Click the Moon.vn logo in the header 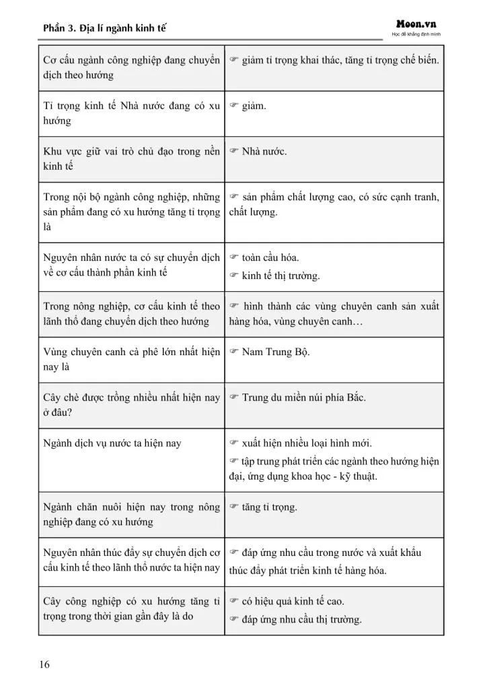click(416, 23)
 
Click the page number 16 click(44, 665)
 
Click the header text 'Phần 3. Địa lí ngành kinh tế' click(104, 28)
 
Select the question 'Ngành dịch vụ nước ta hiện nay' click(112, 443)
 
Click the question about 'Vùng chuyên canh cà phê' click(131, 359)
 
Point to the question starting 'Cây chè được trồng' click(131, 405)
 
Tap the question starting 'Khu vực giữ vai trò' click(131, 158)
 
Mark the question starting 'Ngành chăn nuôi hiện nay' click(131, 514)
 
